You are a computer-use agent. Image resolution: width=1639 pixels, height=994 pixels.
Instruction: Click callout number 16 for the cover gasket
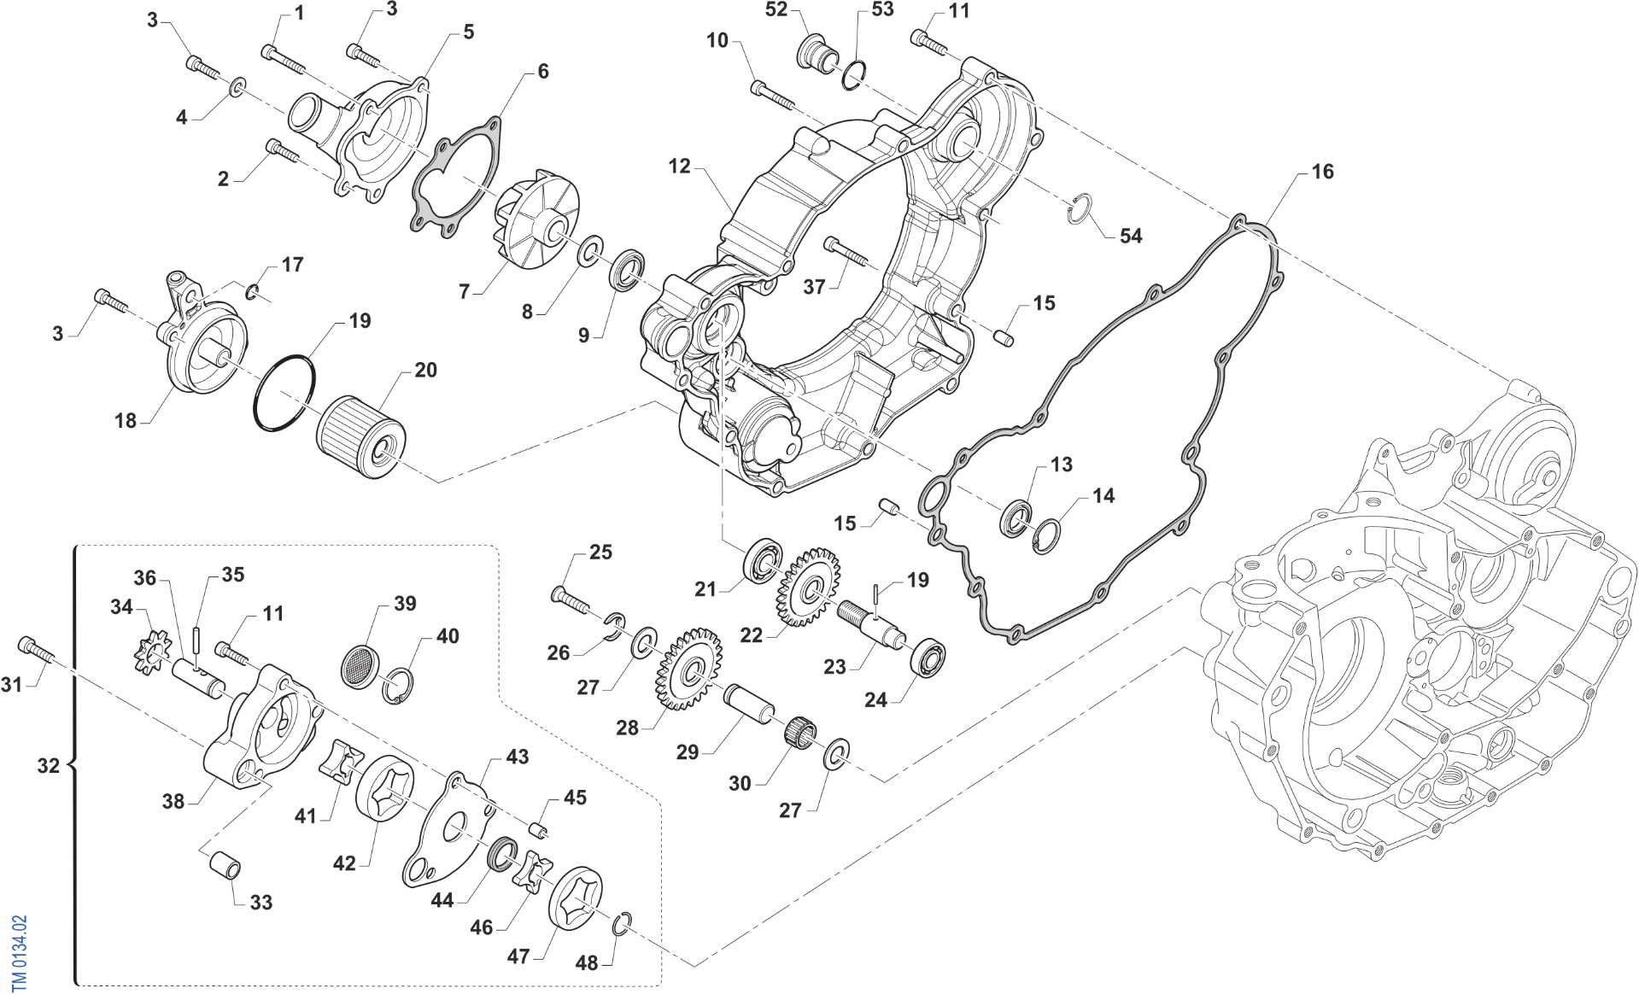[1321, 172]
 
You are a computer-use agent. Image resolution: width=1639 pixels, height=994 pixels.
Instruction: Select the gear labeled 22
[807, 587]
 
